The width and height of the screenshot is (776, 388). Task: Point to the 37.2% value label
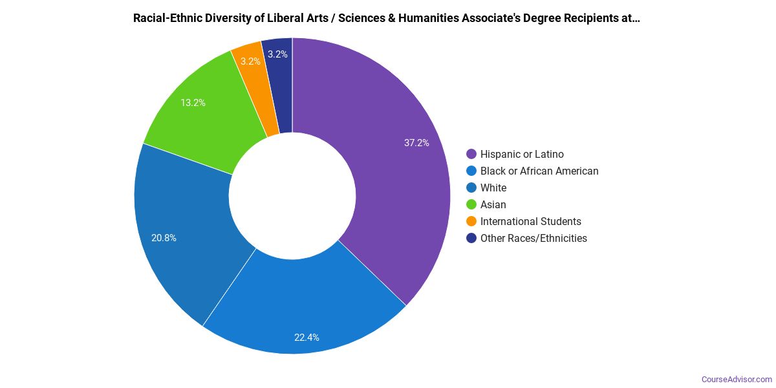[x=416, y=143]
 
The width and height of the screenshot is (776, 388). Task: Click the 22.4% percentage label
[x=307, y=337]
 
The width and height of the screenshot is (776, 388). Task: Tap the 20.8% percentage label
[x=164, y=237]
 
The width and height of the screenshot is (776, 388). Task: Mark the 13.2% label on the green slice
[x=193, y=102]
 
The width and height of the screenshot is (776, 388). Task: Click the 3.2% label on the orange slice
[x=250, y=61]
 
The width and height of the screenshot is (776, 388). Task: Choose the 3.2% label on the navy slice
[x=277, y=54]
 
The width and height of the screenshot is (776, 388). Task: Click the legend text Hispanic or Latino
[x=522, y=154]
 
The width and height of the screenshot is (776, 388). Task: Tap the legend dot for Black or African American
[x=471, y=171]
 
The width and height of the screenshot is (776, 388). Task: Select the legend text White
[x=493, y=188]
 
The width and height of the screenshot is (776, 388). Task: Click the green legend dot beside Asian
[x=471, y=204]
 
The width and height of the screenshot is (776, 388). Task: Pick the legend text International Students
[x=530, y=221]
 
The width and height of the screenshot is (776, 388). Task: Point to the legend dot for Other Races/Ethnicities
[x=471, y=238]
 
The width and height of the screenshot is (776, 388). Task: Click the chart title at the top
[x=387, y=18]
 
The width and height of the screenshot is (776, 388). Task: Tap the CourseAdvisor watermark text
[x=737, y=379]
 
